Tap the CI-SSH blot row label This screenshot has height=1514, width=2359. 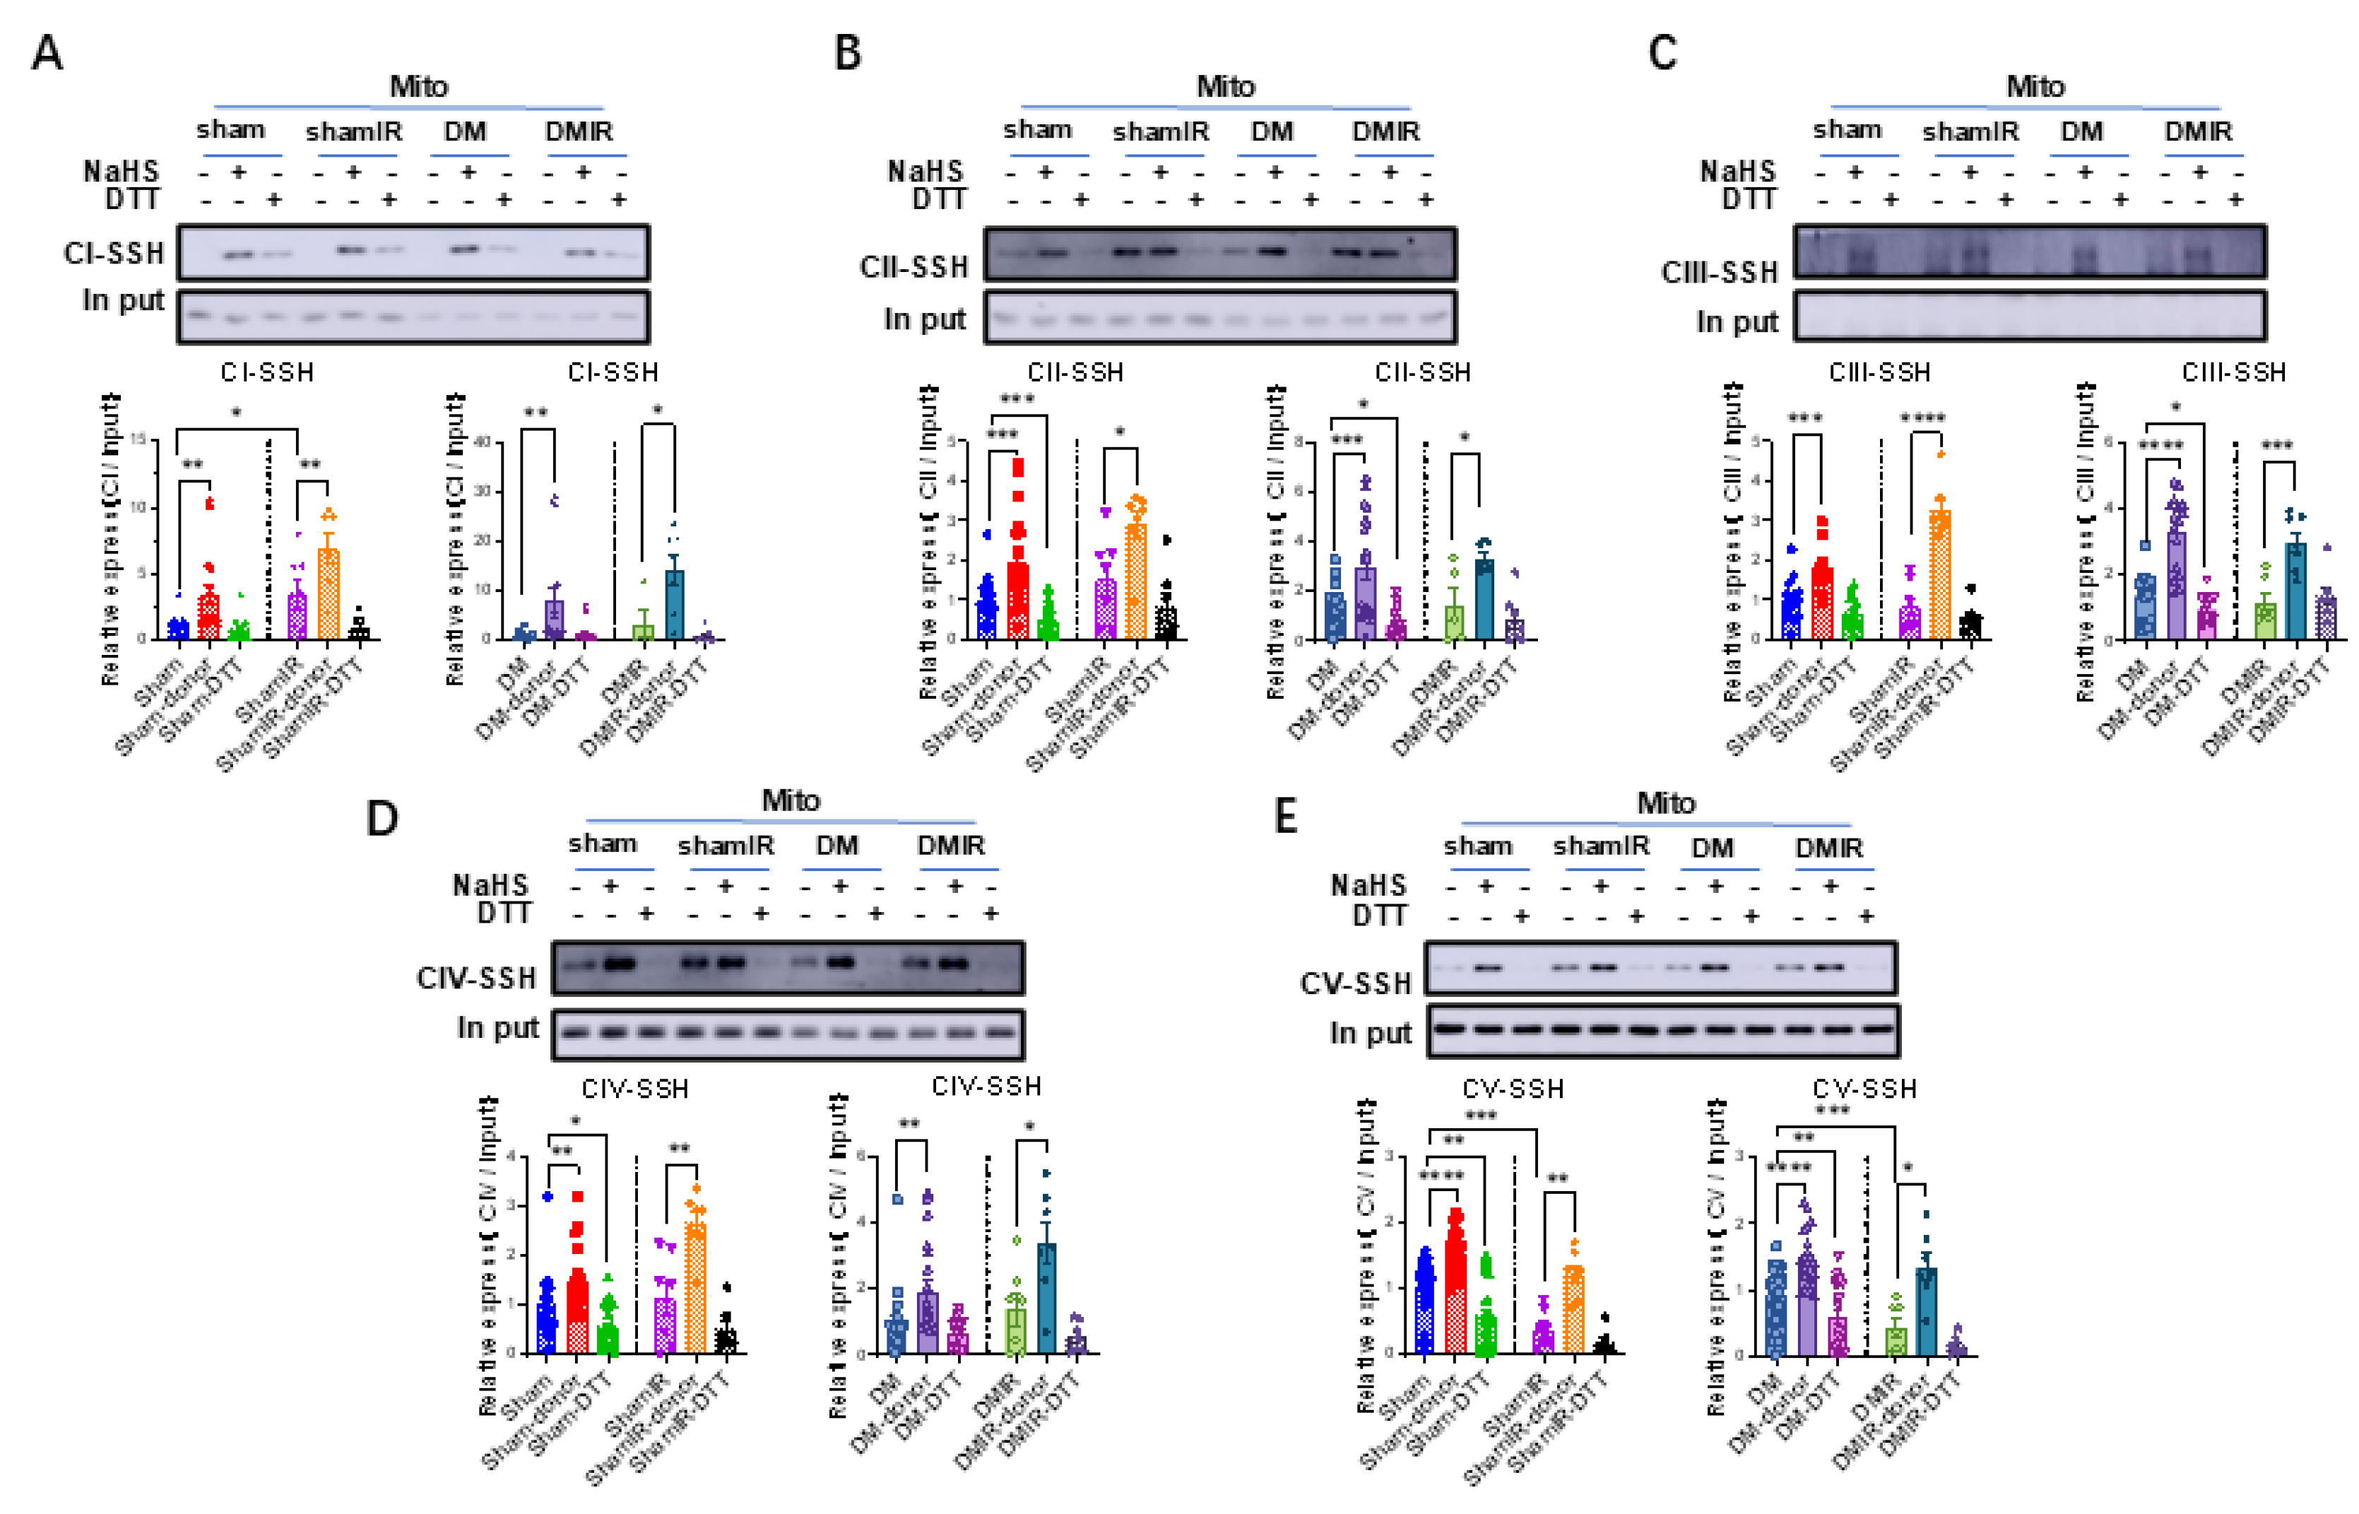pos(114,254)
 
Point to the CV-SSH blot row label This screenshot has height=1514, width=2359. pos(1356,983)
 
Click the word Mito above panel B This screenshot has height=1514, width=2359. pos(1224,86)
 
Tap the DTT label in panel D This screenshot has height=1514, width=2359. pos(504,913)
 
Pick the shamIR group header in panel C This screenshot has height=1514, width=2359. pos(1970,131)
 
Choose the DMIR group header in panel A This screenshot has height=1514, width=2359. pos(579,131)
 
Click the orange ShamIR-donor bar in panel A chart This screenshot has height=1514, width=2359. pos(329,595)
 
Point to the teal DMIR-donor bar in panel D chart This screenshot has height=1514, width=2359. pos(1047,1298)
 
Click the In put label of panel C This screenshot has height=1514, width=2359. pos(1737,321)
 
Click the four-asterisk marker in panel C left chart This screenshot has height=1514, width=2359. pos(1922,418)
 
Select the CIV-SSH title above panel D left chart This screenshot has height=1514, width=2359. pos(635,1088)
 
